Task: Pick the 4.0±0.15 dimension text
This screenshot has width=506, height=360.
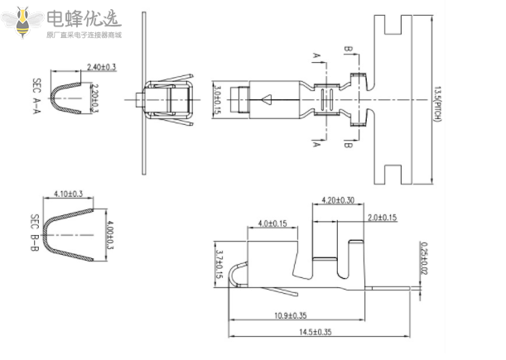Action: point(272,223)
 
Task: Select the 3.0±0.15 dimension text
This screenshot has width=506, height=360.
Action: point(217,98)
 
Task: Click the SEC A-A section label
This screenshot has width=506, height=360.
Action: point(36,98)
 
